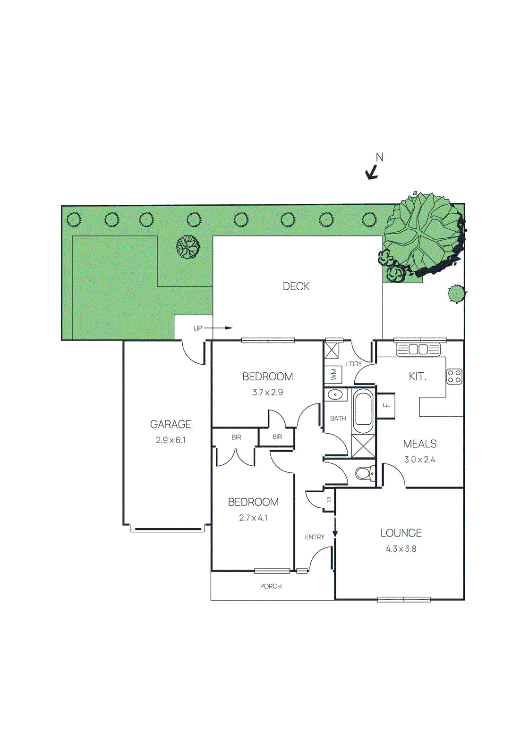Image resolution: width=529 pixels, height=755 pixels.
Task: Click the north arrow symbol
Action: tap(373, 173)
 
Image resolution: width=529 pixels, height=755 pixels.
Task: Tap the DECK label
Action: tap(296, 286)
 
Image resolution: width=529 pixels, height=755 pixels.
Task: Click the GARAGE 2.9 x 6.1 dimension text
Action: tap(171, 440)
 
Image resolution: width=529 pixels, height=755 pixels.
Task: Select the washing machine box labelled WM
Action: tap(333, 375)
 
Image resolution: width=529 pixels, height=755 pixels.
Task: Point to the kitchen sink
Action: tap(418, 350)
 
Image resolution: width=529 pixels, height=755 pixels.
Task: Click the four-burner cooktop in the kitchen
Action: tap(454, 376)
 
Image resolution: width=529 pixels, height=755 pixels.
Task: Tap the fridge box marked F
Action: tap(386, 405)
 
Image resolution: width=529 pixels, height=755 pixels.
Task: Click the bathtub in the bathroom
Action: tap(363, 411)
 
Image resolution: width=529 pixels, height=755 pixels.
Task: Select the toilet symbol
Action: tap(365, 473)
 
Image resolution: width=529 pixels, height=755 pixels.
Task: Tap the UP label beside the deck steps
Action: tap(197, 328)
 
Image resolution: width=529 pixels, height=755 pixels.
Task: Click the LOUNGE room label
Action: tap(401, 533)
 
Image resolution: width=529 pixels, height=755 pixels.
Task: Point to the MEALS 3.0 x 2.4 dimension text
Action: tap(419, 460)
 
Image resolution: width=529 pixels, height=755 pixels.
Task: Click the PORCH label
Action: tap(271, 586)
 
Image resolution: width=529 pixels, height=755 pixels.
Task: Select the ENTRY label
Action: tap(315, 537)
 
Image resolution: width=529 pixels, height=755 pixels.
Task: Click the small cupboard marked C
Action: tap(329, 500)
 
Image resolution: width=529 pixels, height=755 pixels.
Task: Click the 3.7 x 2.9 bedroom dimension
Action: tap(267, 392)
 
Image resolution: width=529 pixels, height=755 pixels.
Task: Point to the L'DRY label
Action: tap(353, 364)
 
